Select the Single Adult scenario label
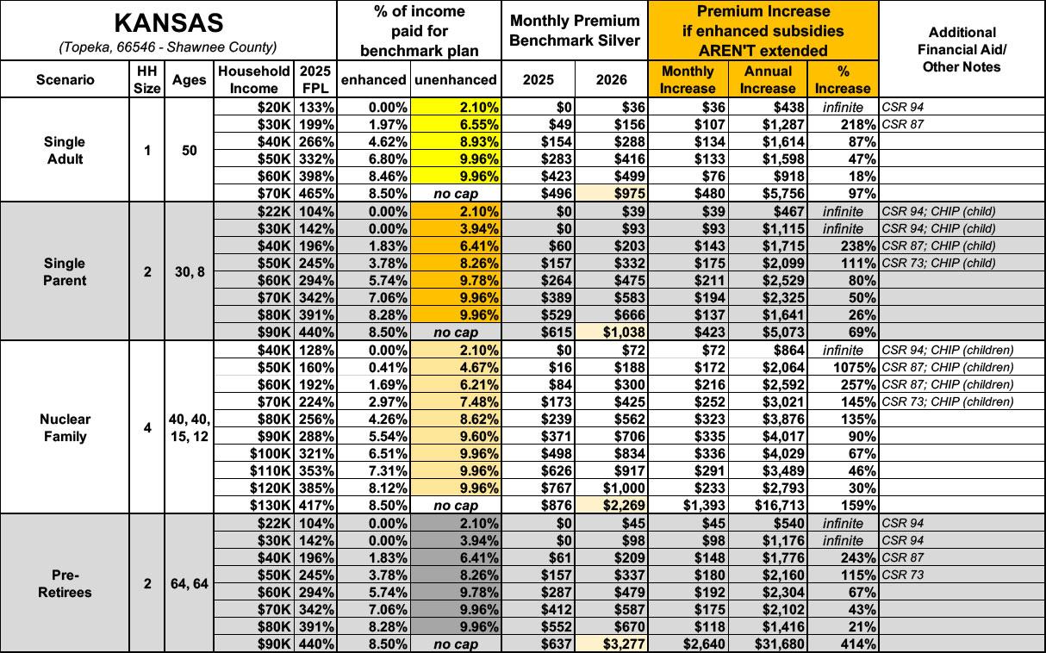(x=65, y=150)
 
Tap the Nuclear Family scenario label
(x=65, y=427)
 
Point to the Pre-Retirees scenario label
(x=65, y=583)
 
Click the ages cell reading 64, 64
(x=189, y=583)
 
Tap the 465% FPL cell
(x=314, y=193)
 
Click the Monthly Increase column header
(x=687, y=79)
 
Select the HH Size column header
(x=147, y=79)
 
